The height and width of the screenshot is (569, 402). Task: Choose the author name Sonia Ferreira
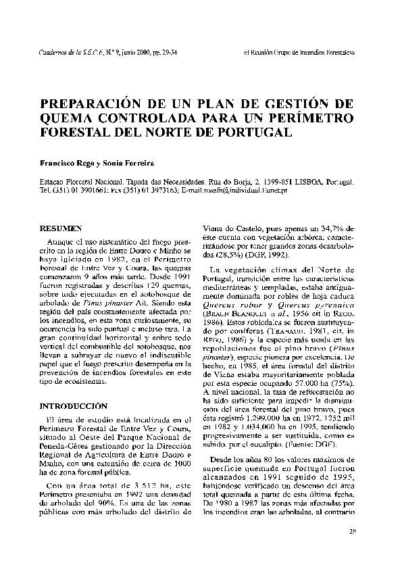(132, 162)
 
